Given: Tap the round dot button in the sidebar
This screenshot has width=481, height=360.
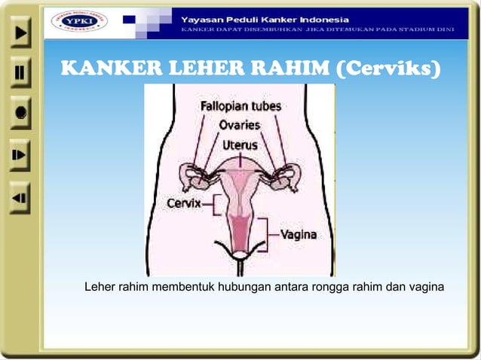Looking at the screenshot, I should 20,114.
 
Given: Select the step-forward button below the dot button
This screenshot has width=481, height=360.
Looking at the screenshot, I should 20,155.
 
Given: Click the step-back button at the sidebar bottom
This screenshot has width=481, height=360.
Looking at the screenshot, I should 20,198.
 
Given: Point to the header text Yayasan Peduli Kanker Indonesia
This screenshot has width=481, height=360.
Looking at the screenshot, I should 264,17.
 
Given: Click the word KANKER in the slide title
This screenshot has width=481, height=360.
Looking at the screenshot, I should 104,70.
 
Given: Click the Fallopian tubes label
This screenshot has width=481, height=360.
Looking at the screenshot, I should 240,107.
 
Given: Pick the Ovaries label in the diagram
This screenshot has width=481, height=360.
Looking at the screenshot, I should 240,125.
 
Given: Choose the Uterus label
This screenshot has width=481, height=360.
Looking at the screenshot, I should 240,143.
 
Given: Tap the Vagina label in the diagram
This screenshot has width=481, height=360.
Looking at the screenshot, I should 299,234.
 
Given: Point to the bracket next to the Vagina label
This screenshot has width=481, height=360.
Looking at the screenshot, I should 265,234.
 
